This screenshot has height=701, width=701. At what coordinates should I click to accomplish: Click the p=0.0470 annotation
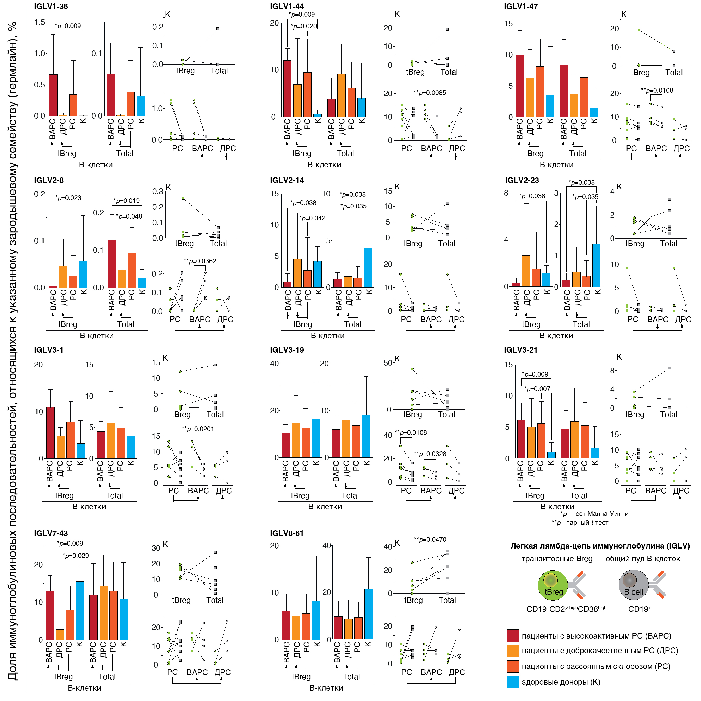(x=430, y=539)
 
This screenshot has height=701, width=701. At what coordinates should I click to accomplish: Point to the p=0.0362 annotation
(x=200, y=261)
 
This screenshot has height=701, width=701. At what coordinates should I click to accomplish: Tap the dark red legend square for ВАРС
(x=513, y=636)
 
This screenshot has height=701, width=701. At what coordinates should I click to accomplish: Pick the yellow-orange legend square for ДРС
(x=513, y=651)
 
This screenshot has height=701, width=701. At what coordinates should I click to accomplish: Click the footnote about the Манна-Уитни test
(x=594, y=514)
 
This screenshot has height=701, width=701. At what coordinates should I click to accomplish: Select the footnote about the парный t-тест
(x=580, y=523)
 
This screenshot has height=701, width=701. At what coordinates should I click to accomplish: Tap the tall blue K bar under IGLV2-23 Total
(x=596, y=265)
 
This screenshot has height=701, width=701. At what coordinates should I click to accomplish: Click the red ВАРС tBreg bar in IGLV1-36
(x=53, y=95)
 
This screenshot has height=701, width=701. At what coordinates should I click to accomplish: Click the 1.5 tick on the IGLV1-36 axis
(x=40, y=22)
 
